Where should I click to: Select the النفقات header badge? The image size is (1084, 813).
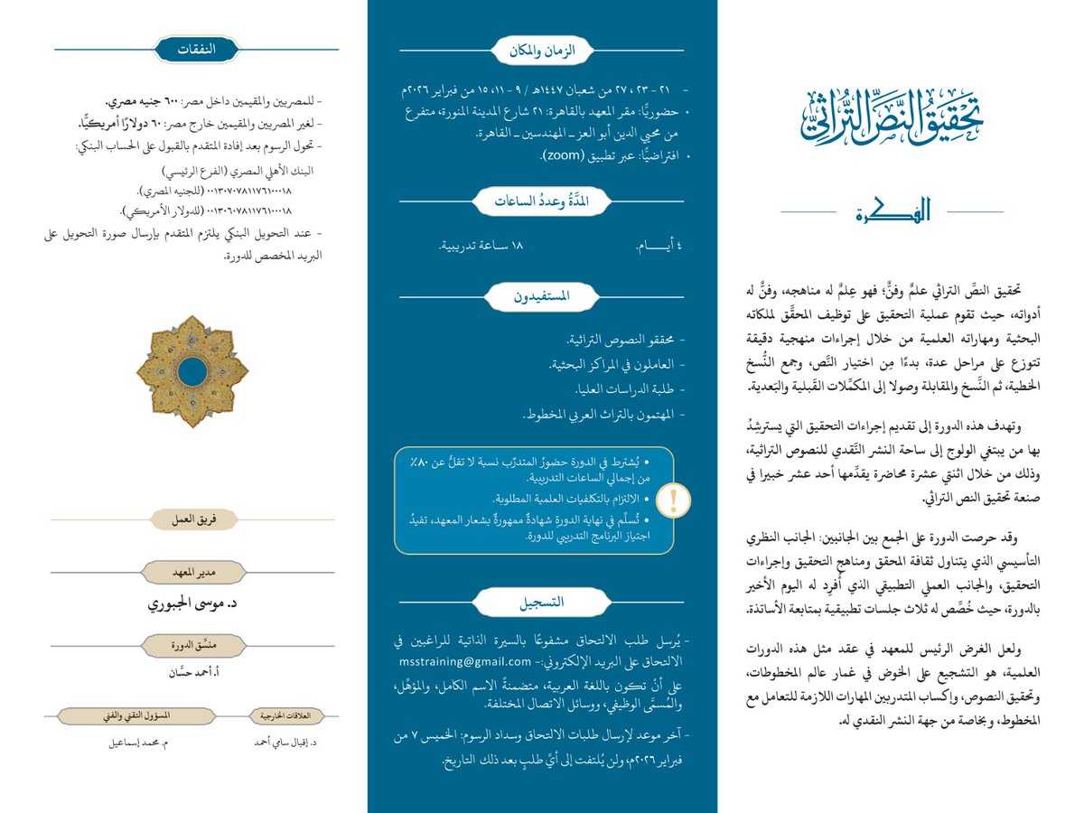[196, 50]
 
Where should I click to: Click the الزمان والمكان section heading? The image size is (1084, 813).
[542, 51]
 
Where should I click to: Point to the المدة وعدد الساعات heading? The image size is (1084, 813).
[542, 201]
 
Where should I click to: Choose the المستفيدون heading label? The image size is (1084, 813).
[542, 295]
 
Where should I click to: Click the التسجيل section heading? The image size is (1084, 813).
[542, 601]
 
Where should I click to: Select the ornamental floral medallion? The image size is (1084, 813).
[192, 371]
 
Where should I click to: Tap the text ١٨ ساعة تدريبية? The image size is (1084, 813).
[481, 246]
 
